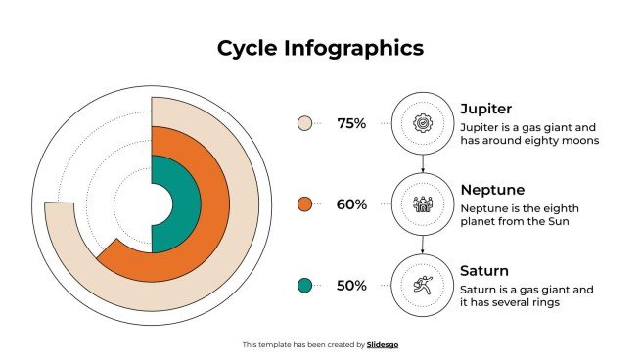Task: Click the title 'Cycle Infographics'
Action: (x=320, y=48)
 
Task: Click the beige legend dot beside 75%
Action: (x=304, y=123)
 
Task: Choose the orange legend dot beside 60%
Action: (x=304, y=203)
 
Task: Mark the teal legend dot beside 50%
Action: (x=304, y=285)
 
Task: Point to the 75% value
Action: (x=351, y=123)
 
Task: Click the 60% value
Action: (x=351, y=204)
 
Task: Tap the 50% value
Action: (x=351, y=286)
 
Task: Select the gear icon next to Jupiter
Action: (x=423, y=123)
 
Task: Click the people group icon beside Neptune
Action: (x=423, y=204)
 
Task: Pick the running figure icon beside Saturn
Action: (x=423, y=286)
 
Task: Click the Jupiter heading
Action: (x=486, y=109)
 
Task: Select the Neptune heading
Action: (x=492, y=189)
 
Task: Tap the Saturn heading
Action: (x=485, y=270)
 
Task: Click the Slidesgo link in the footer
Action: (x=383, y=344)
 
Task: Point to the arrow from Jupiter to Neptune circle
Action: (x=423, y=163)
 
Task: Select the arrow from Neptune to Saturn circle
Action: (x=423, y=245)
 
